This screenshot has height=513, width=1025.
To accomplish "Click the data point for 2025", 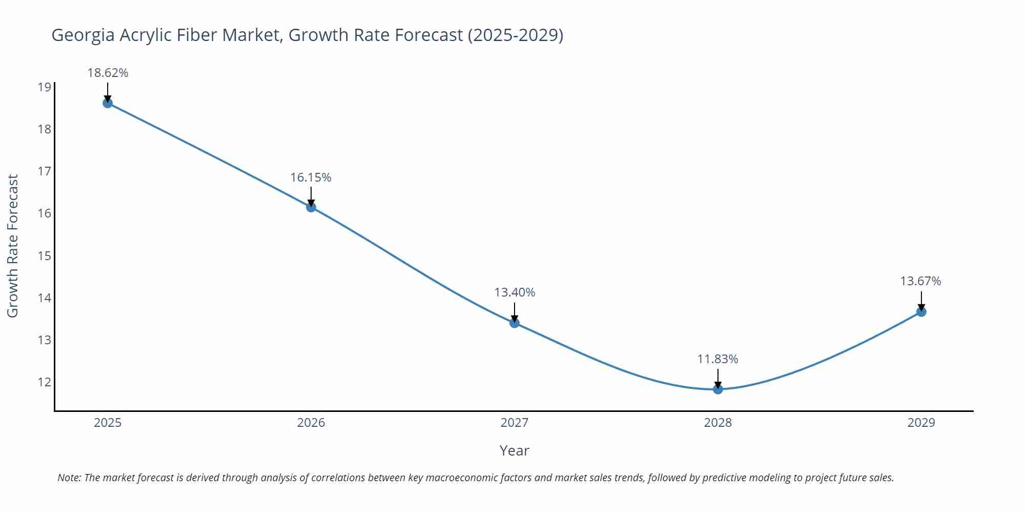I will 108,103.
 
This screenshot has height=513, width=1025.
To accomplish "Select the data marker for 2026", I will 311,207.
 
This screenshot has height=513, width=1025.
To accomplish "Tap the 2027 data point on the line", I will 515,323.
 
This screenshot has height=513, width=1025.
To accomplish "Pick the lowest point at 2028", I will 718,389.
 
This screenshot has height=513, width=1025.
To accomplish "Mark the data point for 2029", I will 921,312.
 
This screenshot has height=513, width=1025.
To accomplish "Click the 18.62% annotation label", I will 108,73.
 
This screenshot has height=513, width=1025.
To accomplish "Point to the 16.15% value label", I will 311,177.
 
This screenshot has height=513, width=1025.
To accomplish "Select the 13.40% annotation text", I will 515,292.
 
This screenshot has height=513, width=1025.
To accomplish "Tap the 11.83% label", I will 717,359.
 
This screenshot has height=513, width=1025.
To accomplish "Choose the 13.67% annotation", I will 920,281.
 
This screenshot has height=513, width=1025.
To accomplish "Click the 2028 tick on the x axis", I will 717,423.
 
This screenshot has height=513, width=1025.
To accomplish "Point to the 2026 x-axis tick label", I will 311,423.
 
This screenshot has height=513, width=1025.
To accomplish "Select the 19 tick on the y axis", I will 45,87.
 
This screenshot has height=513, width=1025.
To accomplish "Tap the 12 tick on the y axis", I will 45,382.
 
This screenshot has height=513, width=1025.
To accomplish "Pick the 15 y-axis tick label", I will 45,255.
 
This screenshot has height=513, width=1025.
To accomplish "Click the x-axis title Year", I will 514,450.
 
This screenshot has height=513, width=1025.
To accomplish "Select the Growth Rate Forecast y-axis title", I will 13,246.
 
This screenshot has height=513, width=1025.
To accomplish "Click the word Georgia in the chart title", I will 83,35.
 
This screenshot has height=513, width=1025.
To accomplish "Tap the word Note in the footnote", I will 69,478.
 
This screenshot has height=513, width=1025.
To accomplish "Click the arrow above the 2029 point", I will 921,301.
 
